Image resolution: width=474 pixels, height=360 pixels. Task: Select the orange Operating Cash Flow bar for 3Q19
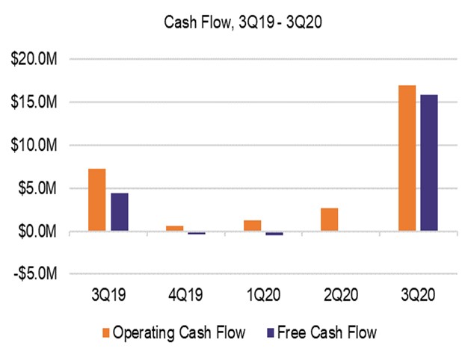click(x=97, y=200)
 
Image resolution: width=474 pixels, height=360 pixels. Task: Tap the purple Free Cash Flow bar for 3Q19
click(x=120, y=213)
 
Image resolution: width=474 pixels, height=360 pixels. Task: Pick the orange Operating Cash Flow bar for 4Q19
click(x=174, y=229)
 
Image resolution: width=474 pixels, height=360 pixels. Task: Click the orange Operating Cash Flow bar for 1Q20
click(x=252, y=226)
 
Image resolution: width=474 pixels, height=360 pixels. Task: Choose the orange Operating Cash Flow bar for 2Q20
click(x=330, y=220)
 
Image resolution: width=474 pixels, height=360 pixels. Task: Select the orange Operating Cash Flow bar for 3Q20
click(x=407, y=158)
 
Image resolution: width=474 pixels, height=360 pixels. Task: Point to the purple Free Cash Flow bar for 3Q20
click(x=429, y=163)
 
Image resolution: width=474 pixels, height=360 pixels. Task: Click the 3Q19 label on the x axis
click(x=108, y=296)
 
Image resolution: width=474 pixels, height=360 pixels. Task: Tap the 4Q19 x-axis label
click(x=186, y=296)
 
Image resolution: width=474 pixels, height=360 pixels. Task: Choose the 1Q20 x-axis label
click(x=263, y=296)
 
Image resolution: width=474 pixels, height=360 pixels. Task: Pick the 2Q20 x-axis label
click(x=341, y=296)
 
